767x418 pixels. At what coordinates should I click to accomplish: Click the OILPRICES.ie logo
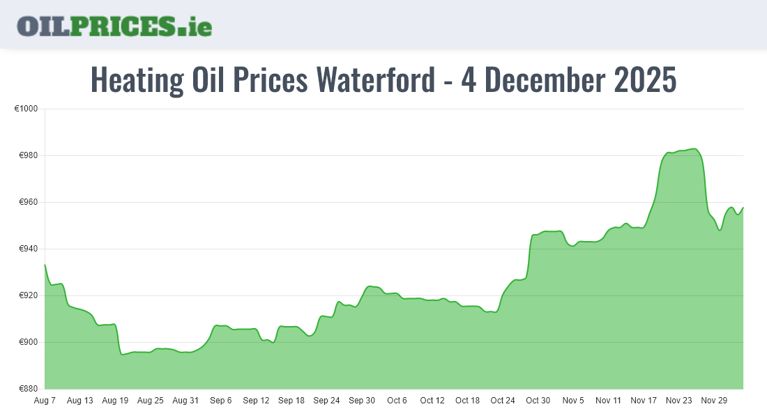114,26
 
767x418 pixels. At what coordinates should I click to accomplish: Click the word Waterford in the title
374,80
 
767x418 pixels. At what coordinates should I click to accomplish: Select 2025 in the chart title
645,80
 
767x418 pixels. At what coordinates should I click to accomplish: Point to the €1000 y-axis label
26,109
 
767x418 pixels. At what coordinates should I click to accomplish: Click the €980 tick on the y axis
29,156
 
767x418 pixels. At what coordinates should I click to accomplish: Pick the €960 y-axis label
29,203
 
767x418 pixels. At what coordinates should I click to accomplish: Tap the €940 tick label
29,249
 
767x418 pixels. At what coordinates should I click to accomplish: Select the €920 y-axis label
29,296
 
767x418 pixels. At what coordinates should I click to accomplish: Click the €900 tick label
29,343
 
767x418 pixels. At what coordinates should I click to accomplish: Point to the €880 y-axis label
29,389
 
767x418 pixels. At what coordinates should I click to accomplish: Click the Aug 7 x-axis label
45,401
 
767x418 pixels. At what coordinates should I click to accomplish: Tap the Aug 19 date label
115,401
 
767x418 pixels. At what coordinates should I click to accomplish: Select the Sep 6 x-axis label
220,401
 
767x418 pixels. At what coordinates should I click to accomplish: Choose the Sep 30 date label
362,401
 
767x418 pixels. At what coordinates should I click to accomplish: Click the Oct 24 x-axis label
503,401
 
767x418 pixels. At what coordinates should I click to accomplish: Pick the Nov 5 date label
573,401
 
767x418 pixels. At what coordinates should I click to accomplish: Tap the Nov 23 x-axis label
678,401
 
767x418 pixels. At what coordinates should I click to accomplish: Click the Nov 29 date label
714,401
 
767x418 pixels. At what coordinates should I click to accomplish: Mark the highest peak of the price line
693,148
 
